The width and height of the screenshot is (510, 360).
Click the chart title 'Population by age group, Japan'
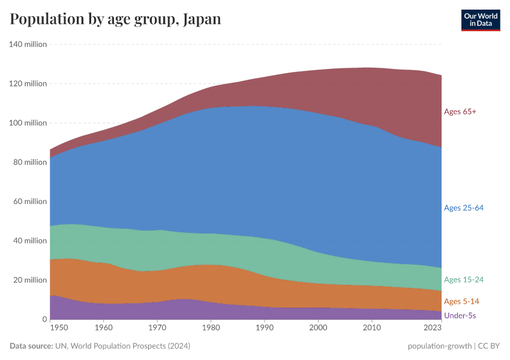tap(115, 19)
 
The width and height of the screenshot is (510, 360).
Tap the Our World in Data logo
tap(480, 20)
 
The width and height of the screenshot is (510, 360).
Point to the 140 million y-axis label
tap(28, 44)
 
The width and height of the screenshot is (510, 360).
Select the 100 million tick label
tap(28, 123)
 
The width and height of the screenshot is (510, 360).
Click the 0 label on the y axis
tap(44, 319)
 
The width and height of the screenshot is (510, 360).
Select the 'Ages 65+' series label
tap(460, 112)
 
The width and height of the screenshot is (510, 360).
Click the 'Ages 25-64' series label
tap(463, 208)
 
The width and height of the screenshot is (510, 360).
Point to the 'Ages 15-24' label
tap(463, 280)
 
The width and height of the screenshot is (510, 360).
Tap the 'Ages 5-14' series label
tap(461, 301)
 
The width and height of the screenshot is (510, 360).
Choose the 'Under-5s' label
tap(460, 316)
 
